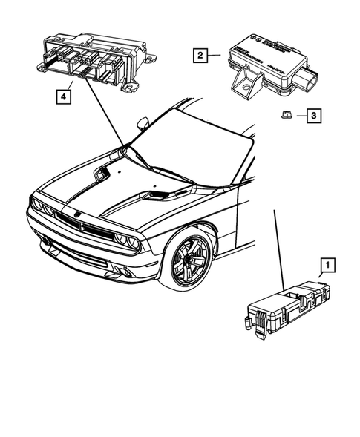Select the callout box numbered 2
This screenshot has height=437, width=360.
point(199,54)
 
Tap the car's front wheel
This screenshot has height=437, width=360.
point(189,262)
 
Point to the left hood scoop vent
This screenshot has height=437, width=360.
point(99,175)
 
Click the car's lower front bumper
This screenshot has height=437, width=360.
point(89,263)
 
